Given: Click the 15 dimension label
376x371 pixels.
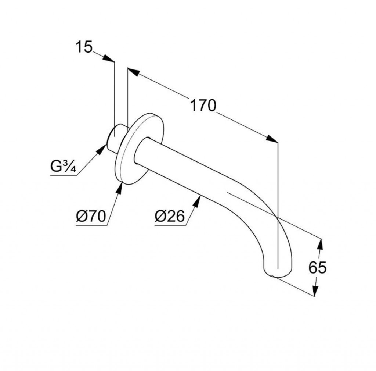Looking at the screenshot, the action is pos(84,47).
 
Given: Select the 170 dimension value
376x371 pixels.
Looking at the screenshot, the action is pos(203,106).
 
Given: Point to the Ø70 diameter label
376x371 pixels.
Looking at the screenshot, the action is pos(91,216).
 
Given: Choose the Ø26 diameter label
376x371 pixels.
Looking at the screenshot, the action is pos(170,216).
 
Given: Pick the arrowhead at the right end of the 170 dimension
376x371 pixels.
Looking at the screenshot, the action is pos(272,139).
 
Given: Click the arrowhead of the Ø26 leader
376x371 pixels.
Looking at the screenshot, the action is pos(197,201).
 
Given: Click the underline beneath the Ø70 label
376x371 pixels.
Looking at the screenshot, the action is pos(91,225).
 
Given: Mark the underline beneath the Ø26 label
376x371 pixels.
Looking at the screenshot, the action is pos(170,225).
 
